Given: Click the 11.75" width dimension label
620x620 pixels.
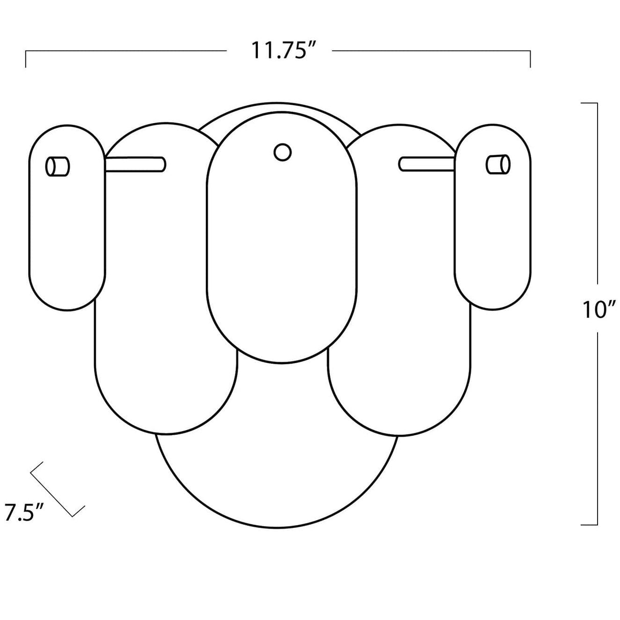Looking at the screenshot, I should click(x=279, y=50).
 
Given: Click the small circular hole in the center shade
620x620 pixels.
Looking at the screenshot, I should click(x=282, y=152).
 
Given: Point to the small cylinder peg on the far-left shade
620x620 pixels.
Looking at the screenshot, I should click(x=57, y=166).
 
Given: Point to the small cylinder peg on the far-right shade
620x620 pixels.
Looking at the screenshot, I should click(x=498, y=164).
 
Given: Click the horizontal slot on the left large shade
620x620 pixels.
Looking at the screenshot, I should click(x=135, y=163).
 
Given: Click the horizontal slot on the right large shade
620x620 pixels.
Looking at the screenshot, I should click(x=426, y=163).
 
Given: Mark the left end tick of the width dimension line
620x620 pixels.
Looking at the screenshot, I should click(x=26, y=59).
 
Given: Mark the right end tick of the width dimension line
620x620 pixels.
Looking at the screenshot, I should click(x=530, y=59).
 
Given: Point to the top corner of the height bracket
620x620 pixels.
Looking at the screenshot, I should click(x=597, y=104).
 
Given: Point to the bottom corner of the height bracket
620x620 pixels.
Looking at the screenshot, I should click(x=597, y=524).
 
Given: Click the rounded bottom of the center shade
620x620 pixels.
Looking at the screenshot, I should click(x=282, y=352).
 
